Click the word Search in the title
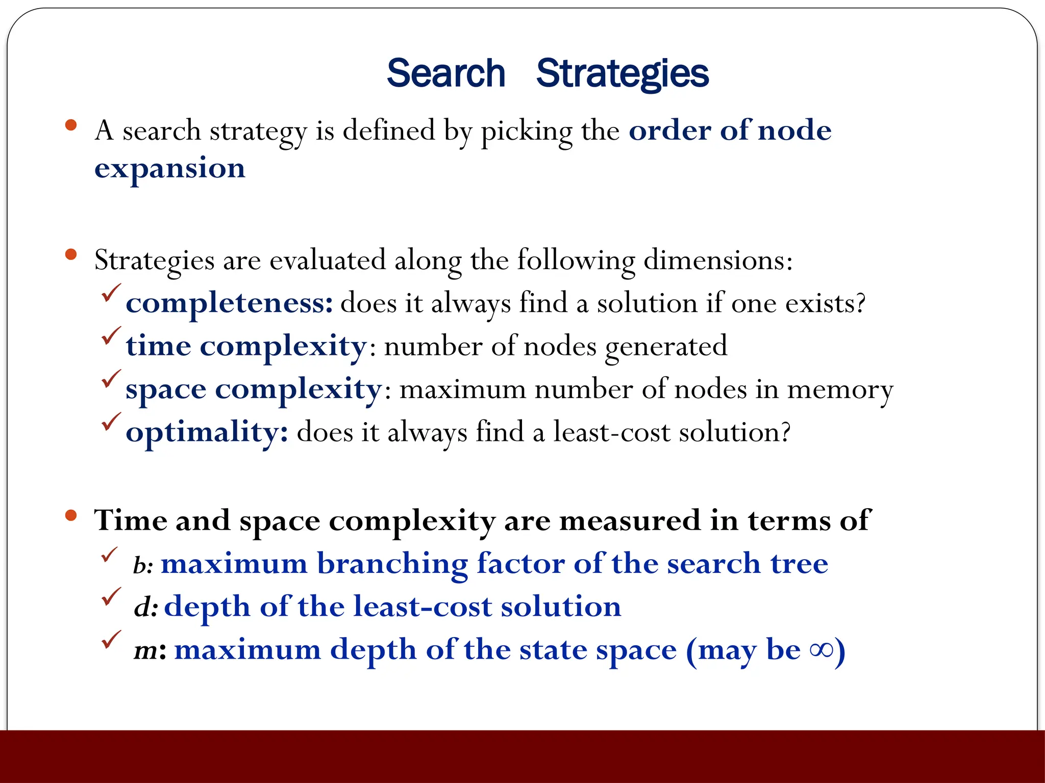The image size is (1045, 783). click(x=445, y=73)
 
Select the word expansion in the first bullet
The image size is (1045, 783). click(x=169, y=169)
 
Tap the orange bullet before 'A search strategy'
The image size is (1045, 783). click(x=71, y=124)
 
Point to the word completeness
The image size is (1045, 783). click(x=229, y=303)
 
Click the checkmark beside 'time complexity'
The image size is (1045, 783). click(x=111, y=336)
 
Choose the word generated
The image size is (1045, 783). click(x=665, y=347)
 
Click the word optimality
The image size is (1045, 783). click(x=206, y=433)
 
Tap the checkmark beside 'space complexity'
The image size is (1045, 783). click(x=111, y=379)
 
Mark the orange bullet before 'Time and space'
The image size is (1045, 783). click(x=71, y=515)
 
